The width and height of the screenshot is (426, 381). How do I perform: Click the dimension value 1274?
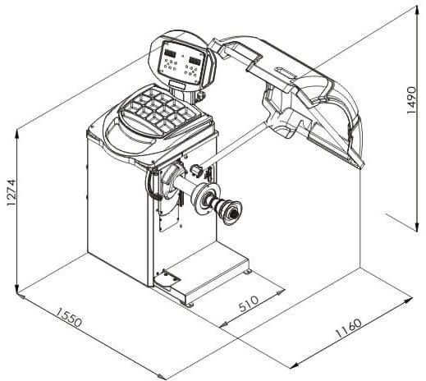click(12, 192)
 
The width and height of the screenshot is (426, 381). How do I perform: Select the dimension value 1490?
click(411, 100)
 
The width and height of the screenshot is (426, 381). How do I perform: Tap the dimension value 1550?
click(69, 317)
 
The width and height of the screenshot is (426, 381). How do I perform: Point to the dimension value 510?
click(249, 304)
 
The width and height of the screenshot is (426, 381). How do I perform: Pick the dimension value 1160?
click(349, 328)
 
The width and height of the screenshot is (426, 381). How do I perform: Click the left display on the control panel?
click(170, 53)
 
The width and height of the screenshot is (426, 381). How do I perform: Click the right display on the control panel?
click(194, 60)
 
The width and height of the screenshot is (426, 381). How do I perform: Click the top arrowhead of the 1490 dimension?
click(417, 11)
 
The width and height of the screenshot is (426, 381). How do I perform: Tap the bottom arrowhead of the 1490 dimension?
click(417, 227)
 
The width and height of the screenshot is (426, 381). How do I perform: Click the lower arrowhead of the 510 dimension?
click(224, 324)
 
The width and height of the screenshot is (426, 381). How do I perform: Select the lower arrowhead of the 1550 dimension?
click(162, 376)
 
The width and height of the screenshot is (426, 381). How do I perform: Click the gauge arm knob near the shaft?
click(196, 170)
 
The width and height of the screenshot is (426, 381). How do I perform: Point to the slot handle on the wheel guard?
click(286, 72)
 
